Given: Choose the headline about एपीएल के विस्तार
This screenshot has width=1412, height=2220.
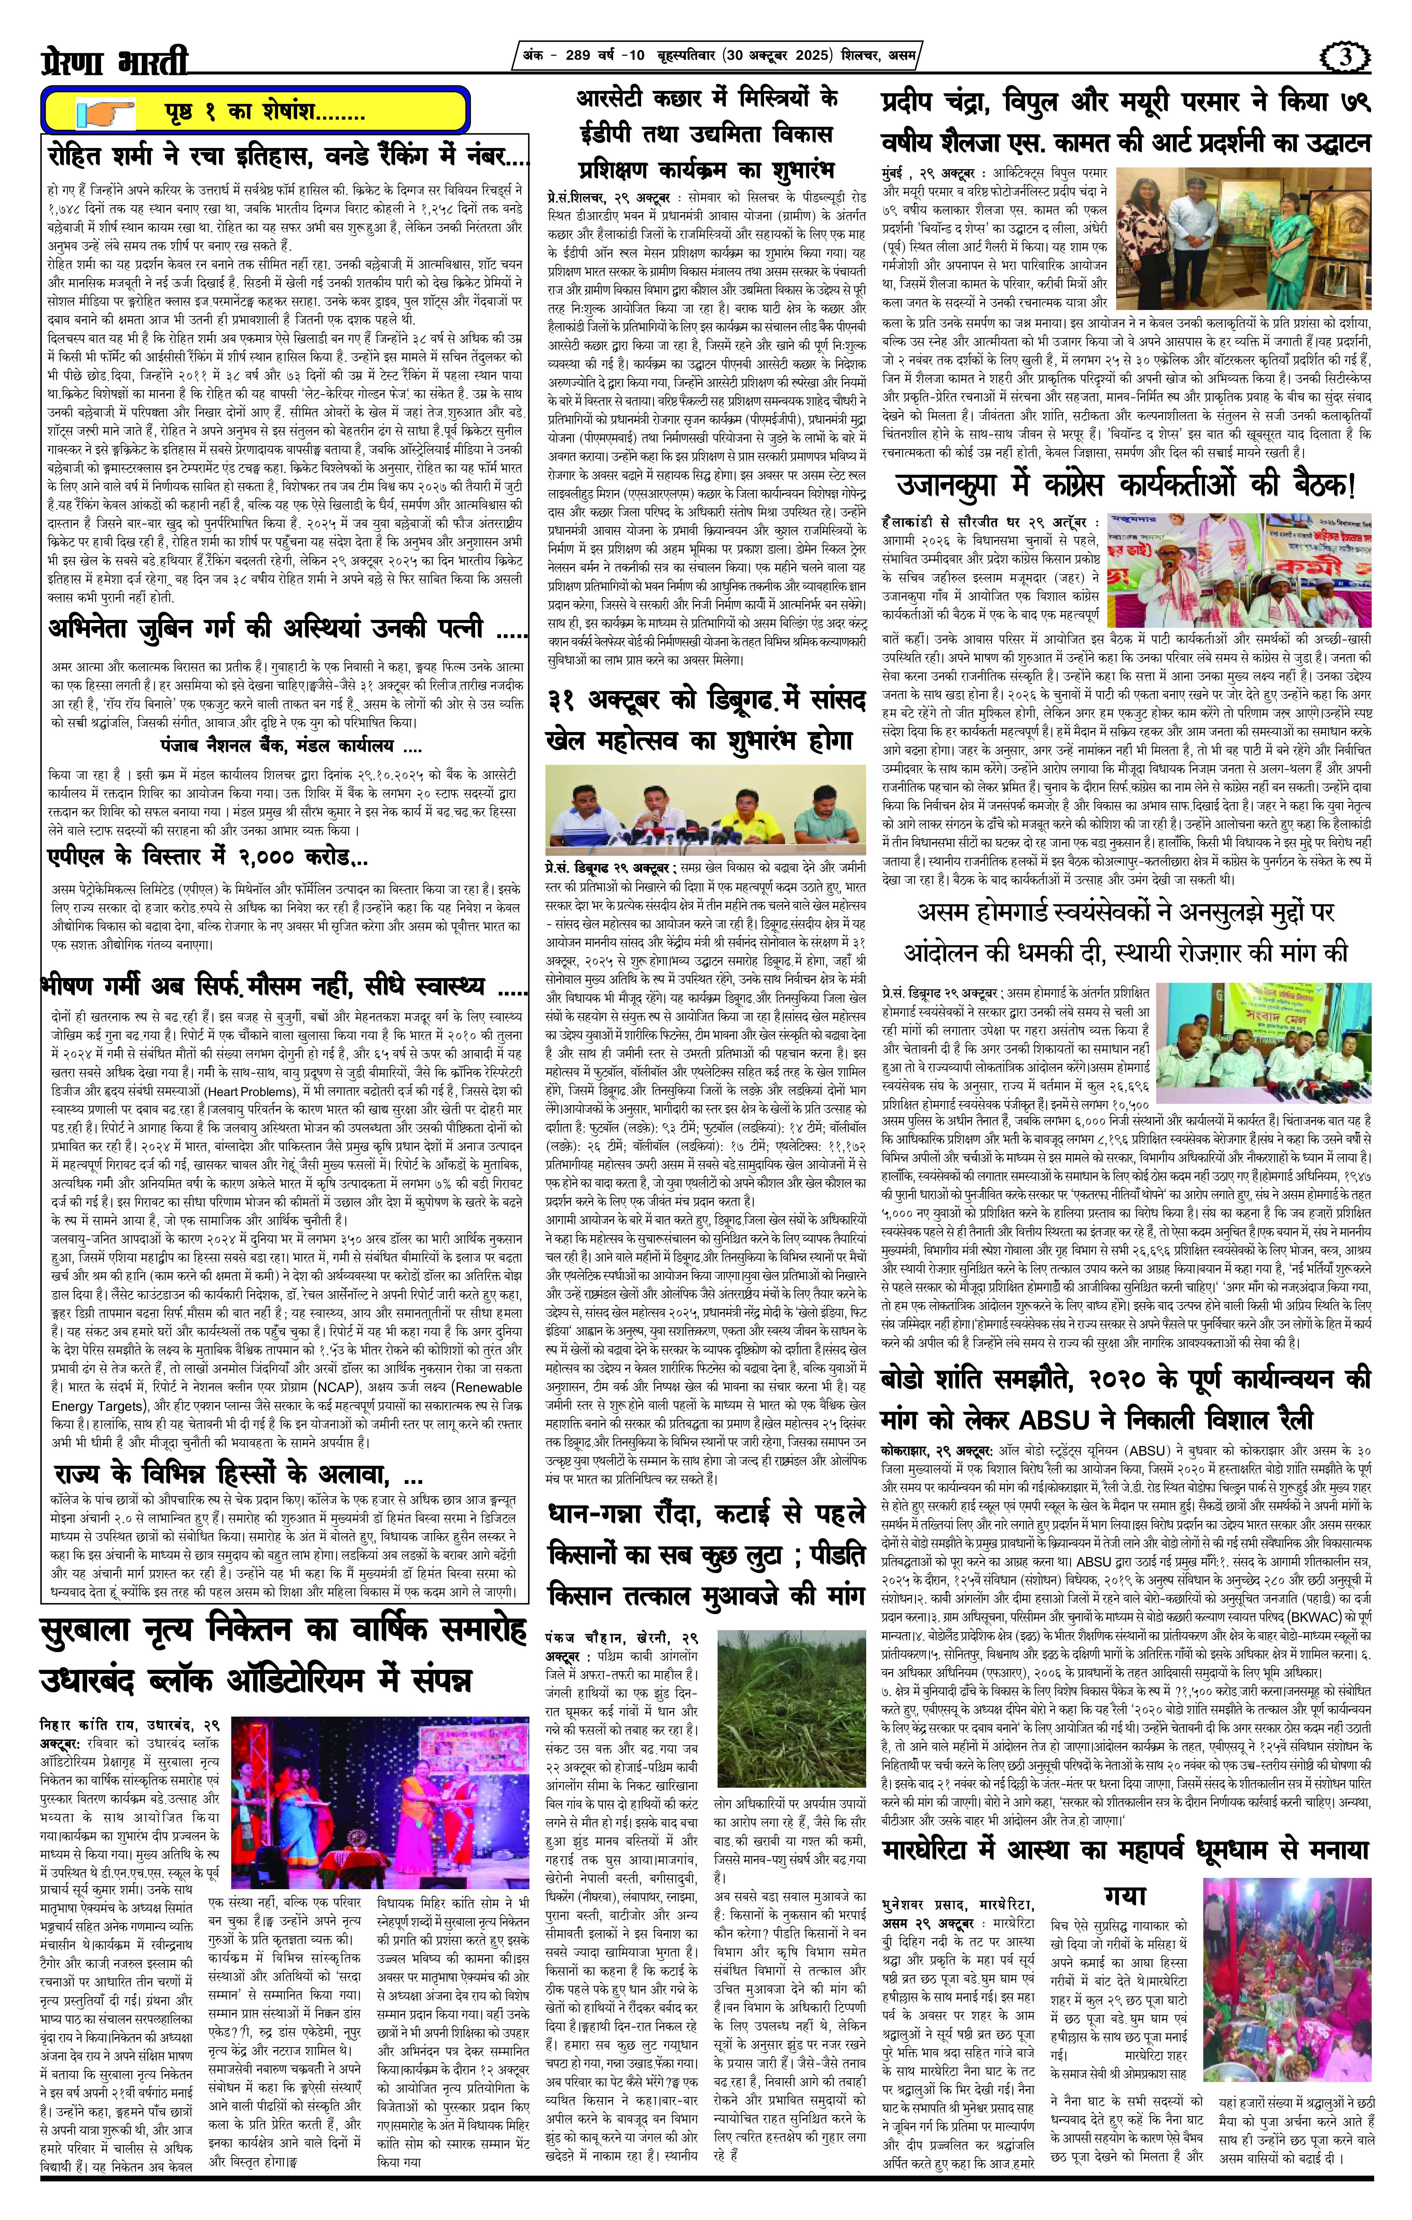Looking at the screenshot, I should [x=206, y=857].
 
